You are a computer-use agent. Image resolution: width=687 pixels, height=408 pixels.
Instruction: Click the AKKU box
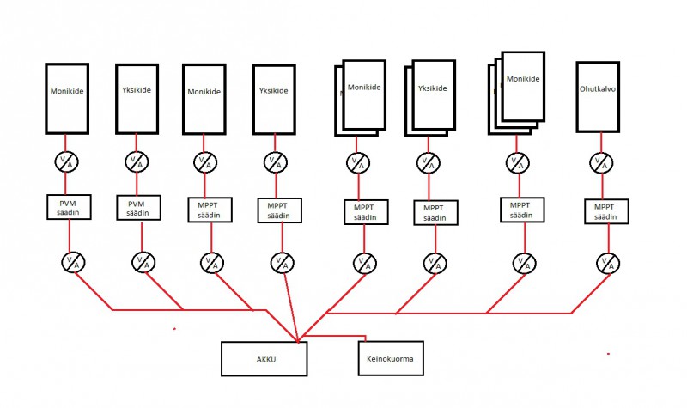coord(264,358)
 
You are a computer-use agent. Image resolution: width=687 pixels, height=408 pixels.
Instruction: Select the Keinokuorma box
coord(391,358)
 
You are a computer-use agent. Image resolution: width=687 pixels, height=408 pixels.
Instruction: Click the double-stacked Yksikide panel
coord(433,94)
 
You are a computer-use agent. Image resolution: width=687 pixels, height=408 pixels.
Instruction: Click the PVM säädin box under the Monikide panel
coord(68,206)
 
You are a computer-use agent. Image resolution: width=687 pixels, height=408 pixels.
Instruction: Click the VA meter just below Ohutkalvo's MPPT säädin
coord(606,264)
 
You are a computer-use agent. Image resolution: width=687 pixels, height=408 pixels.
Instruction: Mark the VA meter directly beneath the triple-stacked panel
coord(517,161)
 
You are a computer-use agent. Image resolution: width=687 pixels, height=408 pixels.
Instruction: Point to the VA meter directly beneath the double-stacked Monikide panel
coord(359,161)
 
